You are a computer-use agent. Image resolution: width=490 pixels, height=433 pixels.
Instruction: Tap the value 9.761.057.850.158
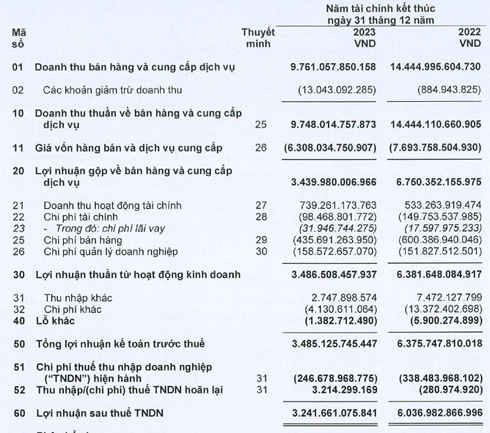tap(333, 67)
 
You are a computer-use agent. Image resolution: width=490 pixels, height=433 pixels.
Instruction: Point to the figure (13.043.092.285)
tap(337, 90)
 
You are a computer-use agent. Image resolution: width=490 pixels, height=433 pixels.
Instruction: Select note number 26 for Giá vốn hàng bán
tap(261, 148)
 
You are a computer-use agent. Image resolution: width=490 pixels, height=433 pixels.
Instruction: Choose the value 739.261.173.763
tap(338, 206)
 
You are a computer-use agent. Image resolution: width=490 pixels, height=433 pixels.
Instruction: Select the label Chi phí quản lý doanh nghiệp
tap(120, 252)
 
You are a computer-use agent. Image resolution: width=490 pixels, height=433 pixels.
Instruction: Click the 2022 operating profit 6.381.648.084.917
tap(436, 275)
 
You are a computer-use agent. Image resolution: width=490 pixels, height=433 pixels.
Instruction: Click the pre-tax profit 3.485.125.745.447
tap(333, 344)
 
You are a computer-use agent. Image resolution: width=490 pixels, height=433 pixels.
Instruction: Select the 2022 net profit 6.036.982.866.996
tap(436, 413)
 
